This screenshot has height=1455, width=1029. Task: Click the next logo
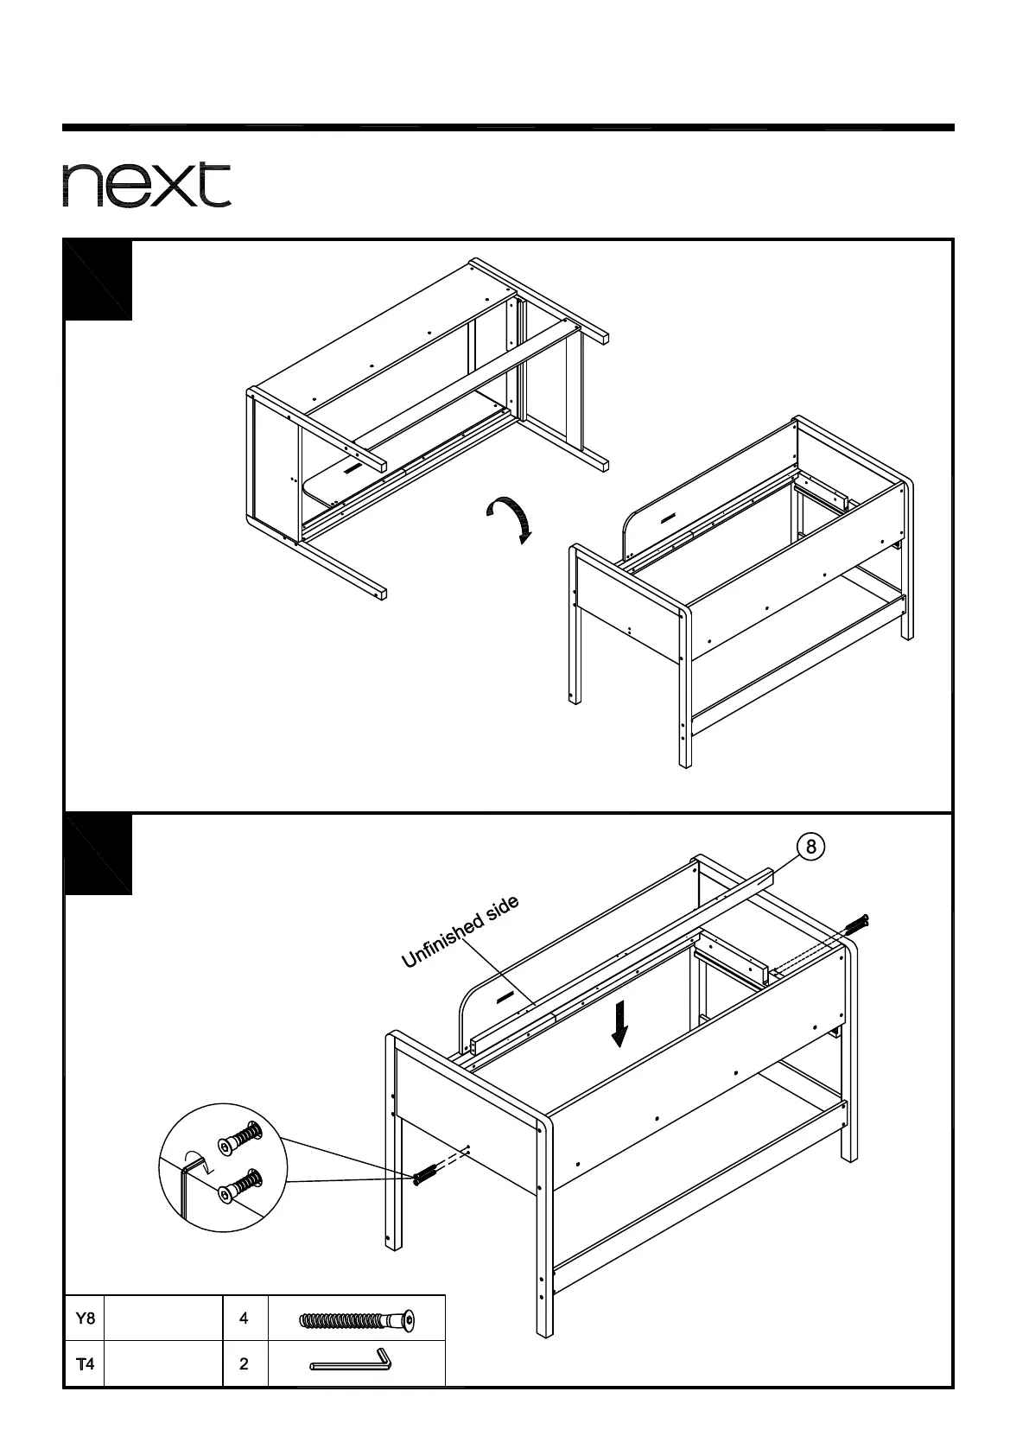click(x=146, y=184)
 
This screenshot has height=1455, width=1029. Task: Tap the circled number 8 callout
click(x=810, y=847)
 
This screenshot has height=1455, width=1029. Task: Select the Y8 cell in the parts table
click(x=85, y=1318)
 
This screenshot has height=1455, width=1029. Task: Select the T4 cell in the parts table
click(x=85, y=1364)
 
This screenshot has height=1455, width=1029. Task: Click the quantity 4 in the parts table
click(x=245, y=1318)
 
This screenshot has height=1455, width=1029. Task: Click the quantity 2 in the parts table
click(x=245, y=1364)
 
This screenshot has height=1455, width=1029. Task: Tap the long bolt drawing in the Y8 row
click(x=356, y=1321)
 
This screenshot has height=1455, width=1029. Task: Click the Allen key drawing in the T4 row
click(x=352, y=1363)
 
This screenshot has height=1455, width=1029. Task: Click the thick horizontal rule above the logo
click(x=508, y=128)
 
